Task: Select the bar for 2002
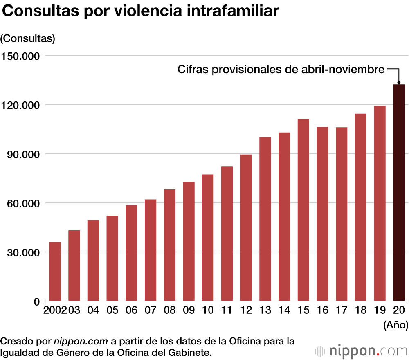(55, 272)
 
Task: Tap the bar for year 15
(303, 210)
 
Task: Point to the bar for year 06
(131, 253)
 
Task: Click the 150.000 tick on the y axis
(20, 56)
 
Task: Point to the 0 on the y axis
(36, 301)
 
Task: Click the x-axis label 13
(265, 310)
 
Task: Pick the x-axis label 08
(169, 310)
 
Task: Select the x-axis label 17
(342, 310)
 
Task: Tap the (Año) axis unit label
(396, 326)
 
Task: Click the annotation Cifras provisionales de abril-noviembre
(281, 70)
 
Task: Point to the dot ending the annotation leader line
(399, 83)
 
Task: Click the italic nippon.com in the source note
(80, 341)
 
